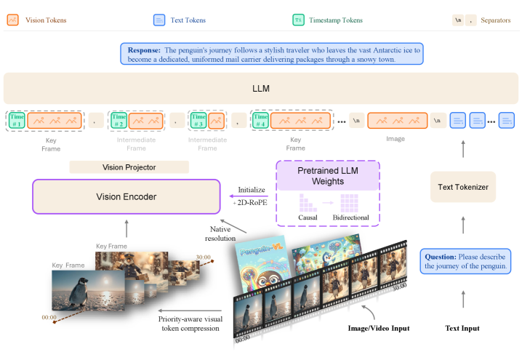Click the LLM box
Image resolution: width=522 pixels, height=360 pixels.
pos(260,87)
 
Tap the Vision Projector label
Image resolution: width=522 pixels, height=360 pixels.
pos(129,167)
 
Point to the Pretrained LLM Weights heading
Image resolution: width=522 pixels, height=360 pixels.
pos(329,174)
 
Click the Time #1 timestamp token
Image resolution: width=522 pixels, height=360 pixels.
pos(17,120)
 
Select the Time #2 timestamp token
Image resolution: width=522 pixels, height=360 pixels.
pos(119,120)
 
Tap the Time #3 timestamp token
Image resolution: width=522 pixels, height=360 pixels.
pos(198,120)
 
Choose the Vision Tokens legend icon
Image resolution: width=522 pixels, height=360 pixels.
pos(12,20)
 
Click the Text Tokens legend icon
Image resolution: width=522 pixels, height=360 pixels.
pos(159,20)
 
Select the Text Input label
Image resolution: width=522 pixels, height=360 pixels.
pos(462,329)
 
